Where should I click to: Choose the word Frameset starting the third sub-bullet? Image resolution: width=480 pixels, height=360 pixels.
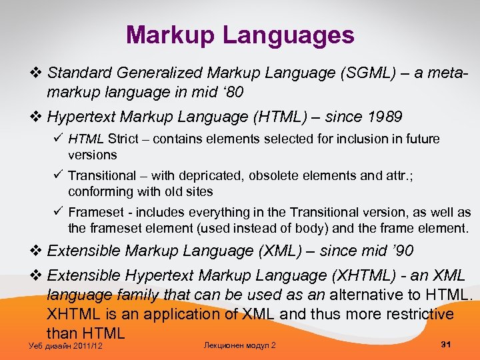[x=95, y=213]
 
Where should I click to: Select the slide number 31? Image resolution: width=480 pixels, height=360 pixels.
[x=447, y=344]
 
